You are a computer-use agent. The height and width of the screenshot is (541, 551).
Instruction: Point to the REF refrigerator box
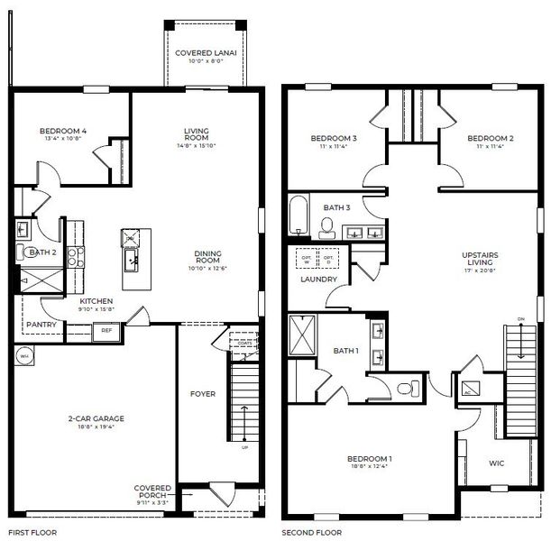[106, 330]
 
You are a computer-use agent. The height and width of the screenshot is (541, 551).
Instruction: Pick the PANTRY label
[41, 325]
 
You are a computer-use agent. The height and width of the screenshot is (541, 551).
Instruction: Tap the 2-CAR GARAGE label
[94, 418]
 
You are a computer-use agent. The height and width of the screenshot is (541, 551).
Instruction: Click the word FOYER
[202, 393]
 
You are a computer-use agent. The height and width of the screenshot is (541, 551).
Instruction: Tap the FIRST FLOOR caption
[32, 533]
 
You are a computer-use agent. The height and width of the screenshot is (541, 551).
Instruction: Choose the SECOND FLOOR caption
[311, 533]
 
